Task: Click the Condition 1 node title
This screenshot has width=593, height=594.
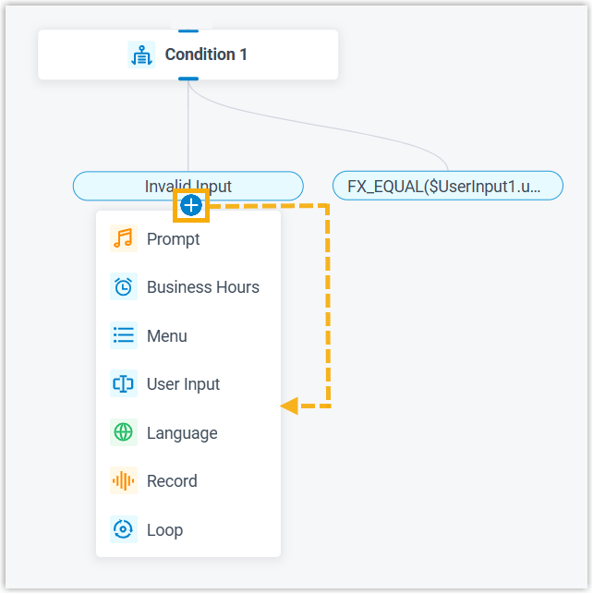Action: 206,55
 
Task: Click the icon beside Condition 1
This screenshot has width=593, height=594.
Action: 141,55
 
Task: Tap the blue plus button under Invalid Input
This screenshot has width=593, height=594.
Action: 191,205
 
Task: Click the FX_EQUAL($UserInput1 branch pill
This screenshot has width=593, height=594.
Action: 448,186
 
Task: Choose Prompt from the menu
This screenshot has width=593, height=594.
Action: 174,239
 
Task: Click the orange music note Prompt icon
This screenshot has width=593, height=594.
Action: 123,239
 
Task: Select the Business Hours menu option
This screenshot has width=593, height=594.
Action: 203,287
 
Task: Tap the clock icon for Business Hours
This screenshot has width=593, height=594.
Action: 123,287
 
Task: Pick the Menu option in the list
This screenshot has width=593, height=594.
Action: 167,336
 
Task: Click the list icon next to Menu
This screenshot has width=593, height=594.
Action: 123,336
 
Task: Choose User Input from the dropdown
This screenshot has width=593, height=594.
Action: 183,384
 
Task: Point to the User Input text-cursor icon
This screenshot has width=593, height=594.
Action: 123,384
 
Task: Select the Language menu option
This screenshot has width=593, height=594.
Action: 182,433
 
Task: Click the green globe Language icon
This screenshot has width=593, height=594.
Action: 123,433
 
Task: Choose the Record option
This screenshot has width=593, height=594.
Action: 172,481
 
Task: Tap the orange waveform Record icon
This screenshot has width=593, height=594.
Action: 123,481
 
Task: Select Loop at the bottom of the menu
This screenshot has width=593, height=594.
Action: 164,530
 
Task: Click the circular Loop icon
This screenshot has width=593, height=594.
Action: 123,530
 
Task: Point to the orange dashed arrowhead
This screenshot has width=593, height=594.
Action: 289,405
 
